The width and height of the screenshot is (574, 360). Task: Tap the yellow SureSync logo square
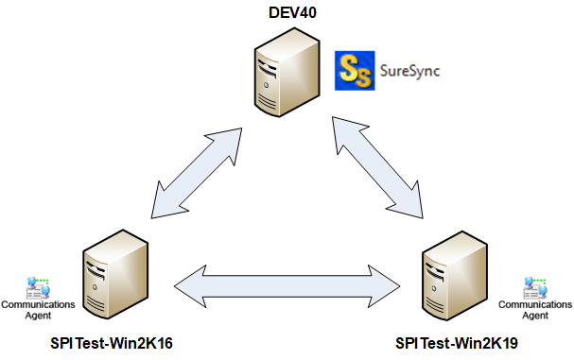pyautogui.click(x=356, y=70)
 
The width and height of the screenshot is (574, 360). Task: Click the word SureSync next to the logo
pyautogui.click(x=409, y=71)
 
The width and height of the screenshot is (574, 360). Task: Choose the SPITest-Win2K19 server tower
pyautogui.click(x=456, y=273)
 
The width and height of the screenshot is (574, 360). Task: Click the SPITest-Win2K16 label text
pyautogui.click(x=111, y=341)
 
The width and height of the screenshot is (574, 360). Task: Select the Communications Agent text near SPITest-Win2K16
pyautogui.click(x=38, y=309)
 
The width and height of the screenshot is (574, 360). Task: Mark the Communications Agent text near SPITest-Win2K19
pyautogui.click(x=535, y=309)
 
